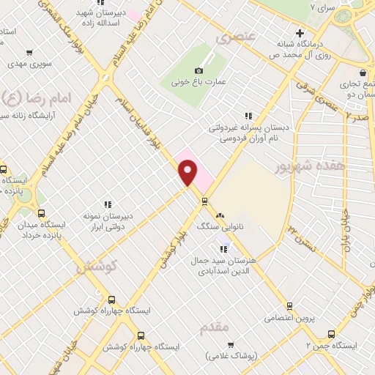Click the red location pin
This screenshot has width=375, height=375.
[189, 173]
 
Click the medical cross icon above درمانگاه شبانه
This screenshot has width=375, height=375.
[299, 33]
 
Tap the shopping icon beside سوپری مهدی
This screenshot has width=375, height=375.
[29, 52]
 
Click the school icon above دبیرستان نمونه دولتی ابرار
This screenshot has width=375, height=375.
[108, 204]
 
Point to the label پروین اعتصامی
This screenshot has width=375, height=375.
[269, 318]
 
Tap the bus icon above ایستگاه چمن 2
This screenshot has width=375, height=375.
[331, 333]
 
